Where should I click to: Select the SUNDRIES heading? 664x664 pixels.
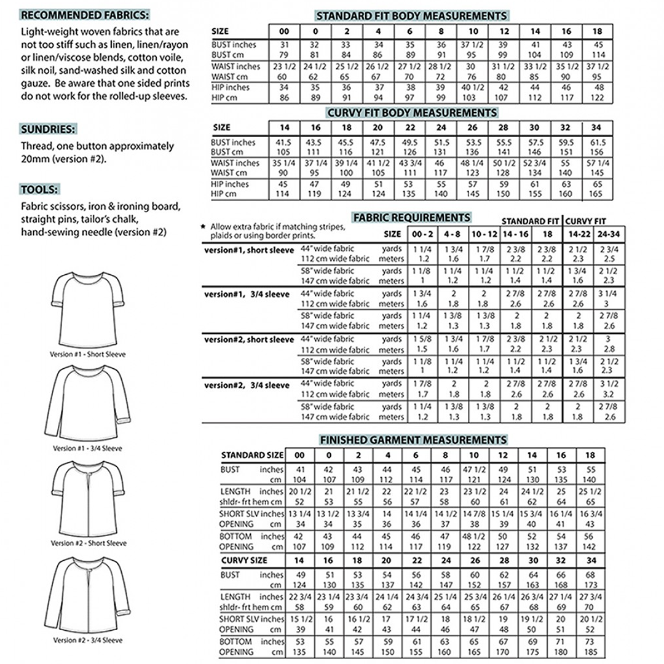(49, 130)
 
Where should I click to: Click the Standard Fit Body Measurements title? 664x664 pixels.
(411, 15)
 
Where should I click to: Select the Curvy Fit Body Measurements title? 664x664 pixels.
(411, 113)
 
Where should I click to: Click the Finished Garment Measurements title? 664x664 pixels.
(411, 440)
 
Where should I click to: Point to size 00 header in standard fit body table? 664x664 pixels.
(283, 31)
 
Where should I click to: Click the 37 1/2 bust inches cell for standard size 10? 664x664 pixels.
(473, 45)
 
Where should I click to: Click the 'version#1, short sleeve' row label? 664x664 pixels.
(249, 250)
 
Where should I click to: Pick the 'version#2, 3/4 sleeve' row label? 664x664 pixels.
(247, 385)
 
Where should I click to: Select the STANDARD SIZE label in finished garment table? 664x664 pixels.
(252, 456)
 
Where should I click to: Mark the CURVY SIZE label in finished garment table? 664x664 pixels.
(244, 561)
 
